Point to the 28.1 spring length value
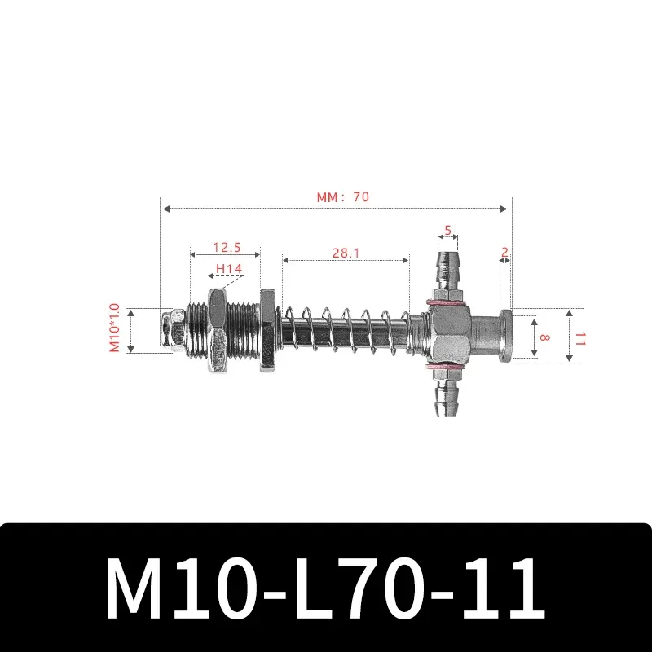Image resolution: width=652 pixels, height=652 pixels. pos(346,253)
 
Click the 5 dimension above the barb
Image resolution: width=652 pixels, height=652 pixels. pos(447,230)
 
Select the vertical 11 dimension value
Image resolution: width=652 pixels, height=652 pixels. pos(579,337)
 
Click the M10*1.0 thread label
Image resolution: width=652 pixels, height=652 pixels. pos(114,329)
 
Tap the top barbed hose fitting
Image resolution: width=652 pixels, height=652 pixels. pos(447,273)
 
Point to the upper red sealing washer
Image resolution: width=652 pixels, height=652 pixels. pos(447,303)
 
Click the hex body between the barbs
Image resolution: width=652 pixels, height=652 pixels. pos(447,336)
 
